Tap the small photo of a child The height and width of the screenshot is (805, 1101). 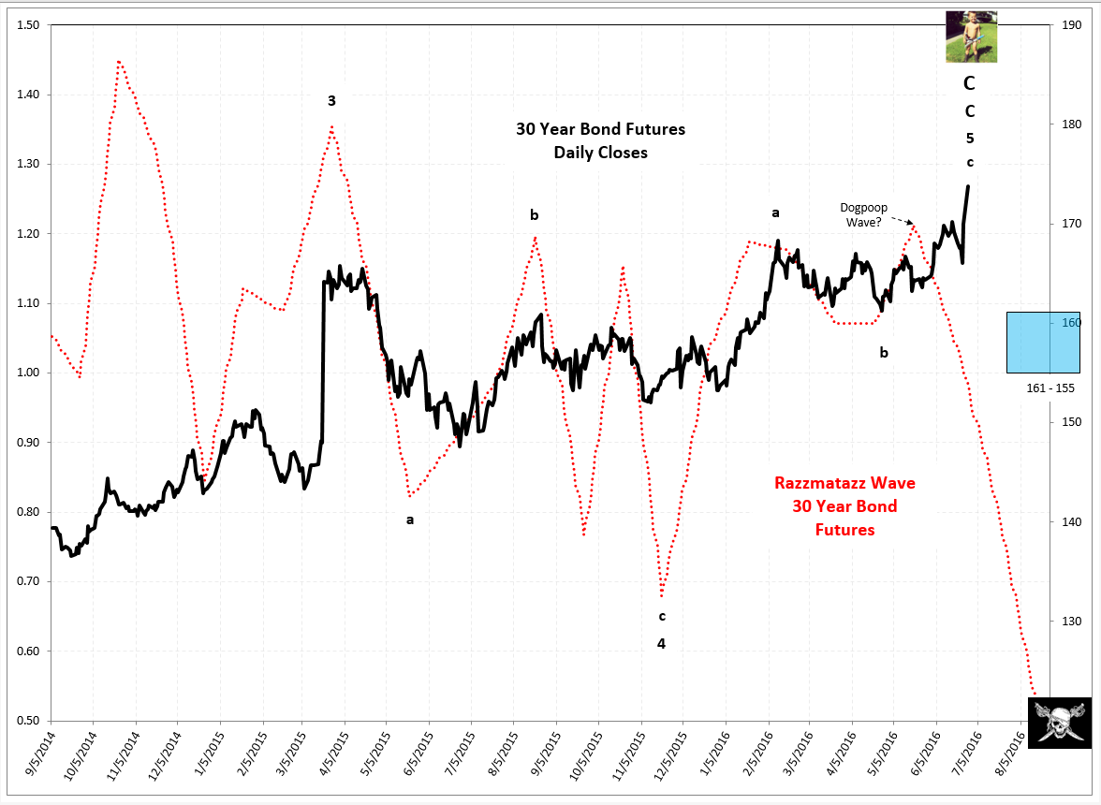(971, 37)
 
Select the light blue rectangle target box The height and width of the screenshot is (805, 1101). (1043, 343)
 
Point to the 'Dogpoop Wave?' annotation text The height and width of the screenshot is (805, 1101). (861, 215)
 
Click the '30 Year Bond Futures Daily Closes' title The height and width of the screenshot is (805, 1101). (600, 140)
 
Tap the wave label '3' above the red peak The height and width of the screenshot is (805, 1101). (331, 100)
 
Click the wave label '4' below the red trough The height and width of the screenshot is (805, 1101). (661, 644)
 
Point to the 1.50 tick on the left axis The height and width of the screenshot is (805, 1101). (26, 25)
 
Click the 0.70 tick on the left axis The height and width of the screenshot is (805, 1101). (26, 582)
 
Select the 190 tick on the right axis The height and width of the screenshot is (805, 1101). (1066, 25)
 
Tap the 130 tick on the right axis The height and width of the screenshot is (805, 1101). (1066, 622)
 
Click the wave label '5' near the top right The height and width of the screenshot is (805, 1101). (970, 139)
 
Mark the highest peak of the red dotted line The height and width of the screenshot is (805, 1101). (119, 62)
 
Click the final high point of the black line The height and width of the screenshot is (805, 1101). (968, 186)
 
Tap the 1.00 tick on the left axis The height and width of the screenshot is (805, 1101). (26, 373)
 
